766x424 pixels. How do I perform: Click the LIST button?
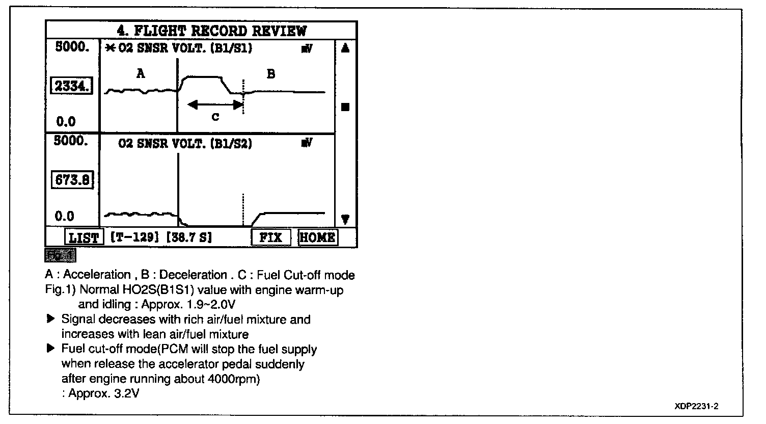pos(84,237)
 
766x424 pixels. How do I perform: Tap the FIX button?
pos(270,237)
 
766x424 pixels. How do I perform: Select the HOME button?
pos(317,237)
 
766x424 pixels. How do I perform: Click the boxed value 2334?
pos(72,87)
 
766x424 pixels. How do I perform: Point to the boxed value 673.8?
pos(73,180)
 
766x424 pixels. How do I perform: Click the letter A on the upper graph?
pos(141,74)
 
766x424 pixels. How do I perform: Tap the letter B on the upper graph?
pos(271,74)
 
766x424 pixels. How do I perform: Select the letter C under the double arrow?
pos(215,117)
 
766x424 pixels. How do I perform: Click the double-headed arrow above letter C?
pos(215,105)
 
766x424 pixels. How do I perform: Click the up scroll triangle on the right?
pos(345,49)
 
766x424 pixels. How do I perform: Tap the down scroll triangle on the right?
pos(345,220)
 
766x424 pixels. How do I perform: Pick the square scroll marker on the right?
pos(345,107)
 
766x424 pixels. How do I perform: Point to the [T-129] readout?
pos(129,237)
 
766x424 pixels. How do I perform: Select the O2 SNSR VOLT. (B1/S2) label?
pos(185,144)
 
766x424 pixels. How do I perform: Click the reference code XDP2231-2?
pos(696,406)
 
